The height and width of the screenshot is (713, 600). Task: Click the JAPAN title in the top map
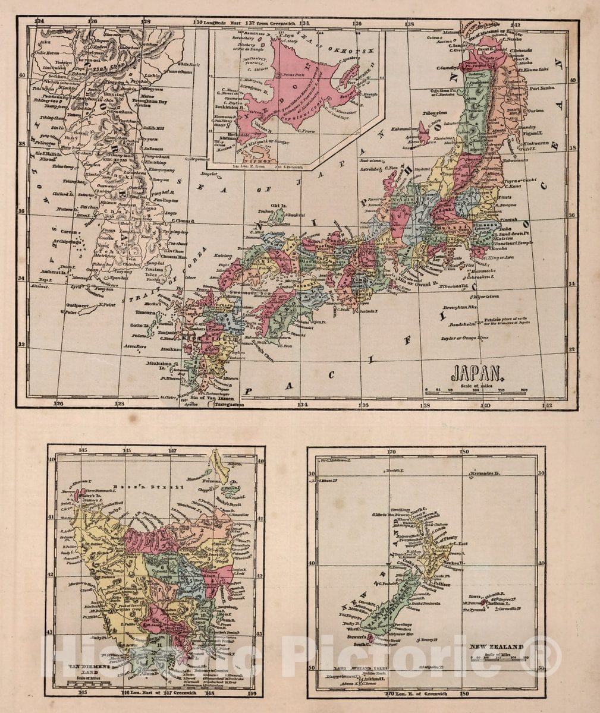pos(478,373)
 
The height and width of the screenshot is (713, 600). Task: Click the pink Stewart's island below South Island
pos(371,638)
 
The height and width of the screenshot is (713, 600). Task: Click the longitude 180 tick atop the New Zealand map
pos(464,452)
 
